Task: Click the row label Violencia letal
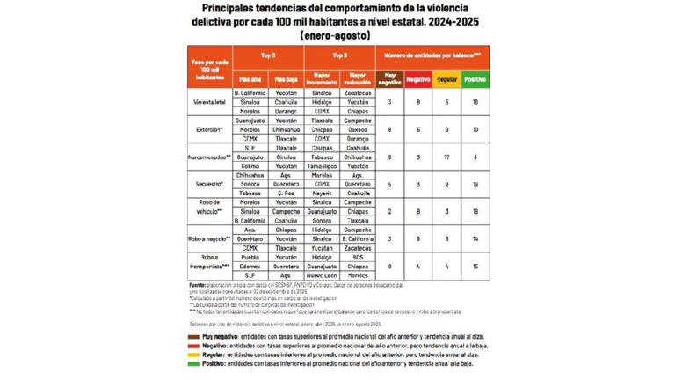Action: pyautogui.click(x=209, y=101)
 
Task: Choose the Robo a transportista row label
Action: pyautogui.click(x=209, y=265)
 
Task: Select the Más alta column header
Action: pyautogui.click(x=250, y=77)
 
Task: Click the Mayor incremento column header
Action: pyautogui.click(x=322, y=77)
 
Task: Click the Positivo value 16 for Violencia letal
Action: pyautogui.click(x=475, y=101)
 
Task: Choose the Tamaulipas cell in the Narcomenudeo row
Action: pyautogui.click(x=322, y=165)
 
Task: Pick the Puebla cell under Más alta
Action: pyautogui.click(x=250, y=256)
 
